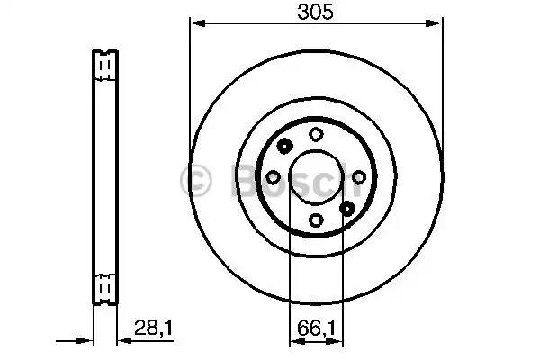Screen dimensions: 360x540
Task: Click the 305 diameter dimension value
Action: pos(315,13)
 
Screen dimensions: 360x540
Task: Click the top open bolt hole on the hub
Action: pos(316,134)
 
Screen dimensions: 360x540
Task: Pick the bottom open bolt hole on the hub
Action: pos(316,220)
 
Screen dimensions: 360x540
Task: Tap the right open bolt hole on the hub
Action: pos(359,177)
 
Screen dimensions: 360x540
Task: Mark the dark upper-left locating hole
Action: pos(284,147)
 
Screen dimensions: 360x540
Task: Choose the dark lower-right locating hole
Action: pos(347,208)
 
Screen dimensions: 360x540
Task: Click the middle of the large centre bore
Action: pos(316,177)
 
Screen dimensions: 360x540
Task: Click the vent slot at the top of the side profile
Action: pos(103,66)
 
